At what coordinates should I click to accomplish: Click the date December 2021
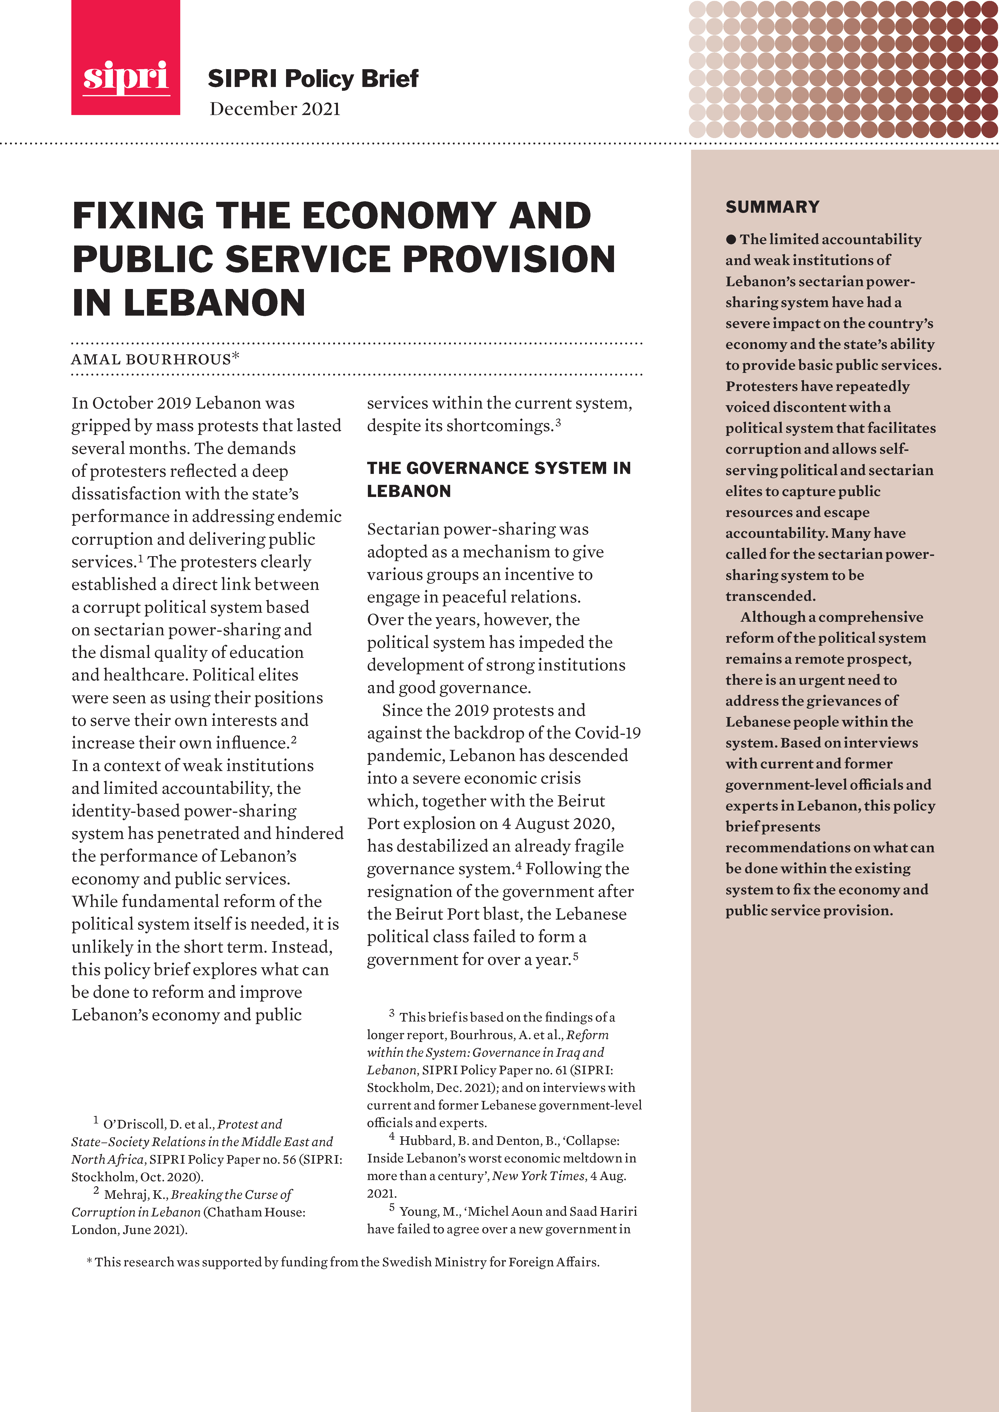[x=275, y=109]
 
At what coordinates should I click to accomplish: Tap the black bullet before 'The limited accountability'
[x=731, y=239]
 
